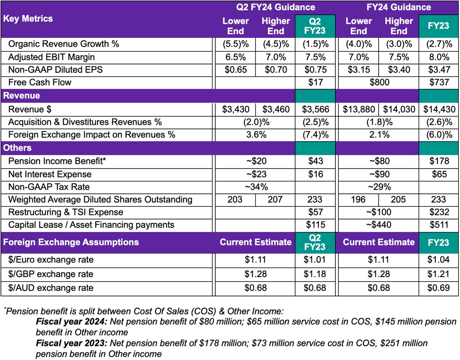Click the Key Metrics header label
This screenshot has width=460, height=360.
28,19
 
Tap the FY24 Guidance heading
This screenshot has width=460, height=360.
399,7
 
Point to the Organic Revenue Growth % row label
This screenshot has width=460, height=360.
63,44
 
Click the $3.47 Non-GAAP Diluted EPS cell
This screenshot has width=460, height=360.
438,70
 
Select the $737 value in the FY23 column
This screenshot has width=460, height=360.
438,83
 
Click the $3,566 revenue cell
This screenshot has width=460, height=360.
315,109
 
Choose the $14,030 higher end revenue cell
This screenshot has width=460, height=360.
398,109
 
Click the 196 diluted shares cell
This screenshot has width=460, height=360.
358,200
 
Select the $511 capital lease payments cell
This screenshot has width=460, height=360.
438,225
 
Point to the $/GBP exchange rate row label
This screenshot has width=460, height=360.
51,274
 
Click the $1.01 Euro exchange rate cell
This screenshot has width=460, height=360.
315,260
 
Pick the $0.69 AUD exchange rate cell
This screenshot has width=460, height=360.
438,288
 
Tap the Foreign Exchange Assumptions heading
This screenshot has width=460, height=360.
71,242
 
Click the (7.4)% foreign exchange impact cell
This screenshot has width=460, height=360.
315,135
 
